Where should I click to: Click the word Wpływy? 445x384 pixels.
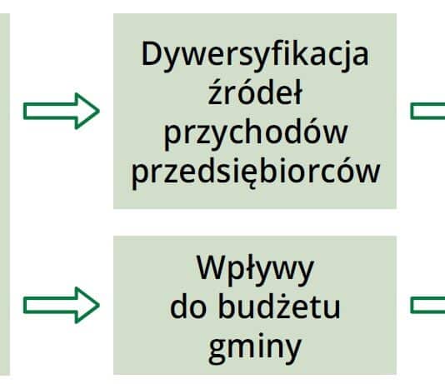point(255,269)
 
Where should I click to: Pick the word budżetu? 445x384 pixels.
point(279,307)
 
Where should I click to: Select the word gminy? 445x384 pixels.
point(255,347)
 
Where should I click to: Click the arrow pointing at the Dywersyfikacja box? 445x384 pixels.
point(62,111)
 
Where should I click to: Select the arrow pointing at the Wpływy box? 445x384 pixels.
point(62,305)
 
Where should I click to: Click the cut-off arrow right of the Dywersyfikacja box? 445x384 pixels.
point(427,111)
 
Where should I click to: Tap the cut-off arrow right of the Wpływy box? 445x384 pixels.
point(427,305)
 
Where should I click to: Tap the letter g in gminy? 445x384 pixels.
point(218,352)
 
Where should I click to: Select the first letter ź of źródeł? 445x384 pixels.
point(215,92)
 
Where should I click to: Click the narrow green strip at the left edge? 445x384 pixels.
point(5,194)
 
